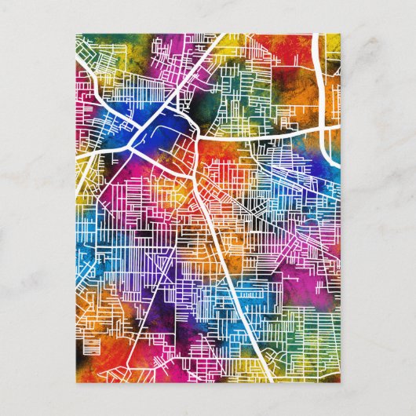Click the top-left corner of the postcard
[75, 33]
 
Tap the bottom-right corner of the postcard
[341, 383]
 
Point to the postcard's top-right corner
[341, 33]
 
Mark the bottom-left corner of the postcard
[75, 383]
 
